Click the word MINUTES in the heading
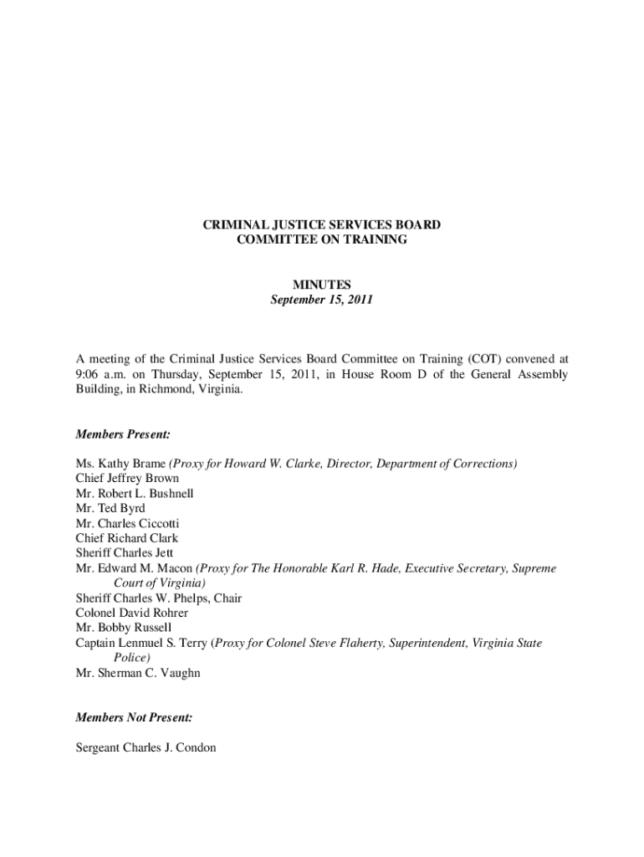tap(322, 285)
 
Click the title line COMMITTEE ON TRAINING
tap(322, 240)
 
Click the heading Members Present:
tap(123, 434)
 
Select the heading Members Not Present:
tap(134, 717)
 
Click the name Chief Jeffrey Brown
tap(127, 479)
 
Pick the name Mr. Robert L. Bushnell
tap(135, 494)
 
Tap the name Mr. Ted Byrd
tap(110, 509)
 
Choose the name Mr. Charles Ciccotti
tap(127, 524)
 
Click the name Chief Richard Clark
tap(126, 538)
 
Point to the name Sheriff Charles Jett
tap(125, 553)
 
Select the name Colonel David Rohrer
tap(131, 613)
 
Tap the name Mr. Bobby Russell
tap(123, 628)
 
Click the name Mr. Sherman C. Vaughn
tap(138, 673)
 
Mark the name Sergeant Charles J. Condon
tap(146, 747)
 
